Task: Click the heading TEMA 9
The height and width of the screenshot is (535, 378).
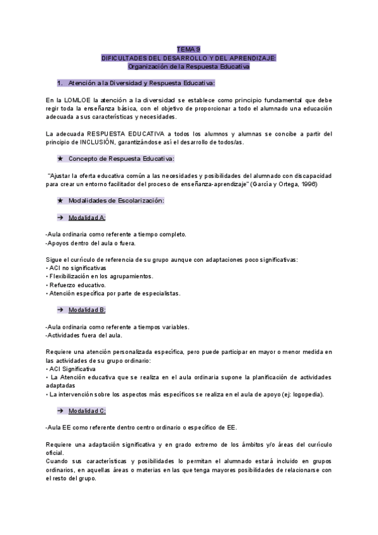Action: coord(188,49)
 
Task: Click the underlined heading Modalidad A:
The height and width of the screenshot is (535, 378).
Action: coord(87,217)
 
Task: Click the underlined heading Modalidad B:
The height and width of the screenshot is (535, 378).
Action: coord(87,310)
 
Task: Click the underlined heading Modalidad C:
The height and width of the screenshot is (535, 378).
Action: coord(87,411)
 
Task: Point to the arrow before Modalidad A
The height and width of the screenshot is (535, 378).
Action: coord(60,217)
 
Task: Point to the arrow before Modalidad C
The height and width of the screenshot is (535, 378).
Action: coord(60,411)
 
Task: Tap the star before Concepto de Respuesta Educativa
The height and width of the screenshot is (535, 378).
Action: coord(60,158)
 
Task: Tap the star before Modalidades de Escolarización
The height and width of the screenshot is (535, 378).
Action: coord(60,200)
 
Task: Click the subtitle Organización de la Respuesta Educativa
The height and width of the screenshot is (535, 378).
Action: coord(188,66)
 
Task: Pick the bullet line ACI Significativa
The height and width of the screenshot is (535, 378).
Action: coord(71,368)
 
